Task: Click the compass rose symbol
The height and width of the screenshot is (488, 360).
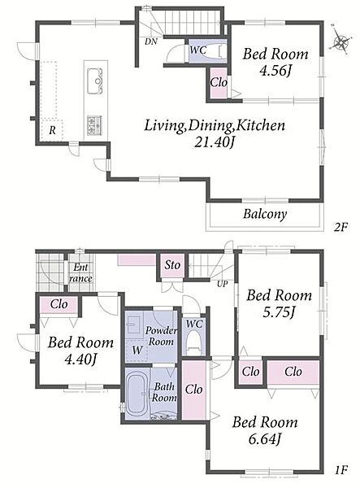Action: click(x=341, y=41)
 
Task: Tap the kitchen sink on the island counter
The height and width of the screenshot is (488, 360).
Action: click(x=95, y=81)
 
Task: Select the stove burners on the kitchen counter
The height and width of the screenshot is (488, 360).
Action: click(x=94, y=125)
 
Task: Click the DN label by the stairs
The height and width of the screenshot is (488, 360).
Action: click(x=151, y=41)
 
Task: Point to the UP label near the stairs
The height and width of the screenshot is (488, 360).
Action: click(x=223, y=284)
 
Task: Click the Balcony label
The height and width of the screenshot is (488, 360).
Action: click(x=265, y=214)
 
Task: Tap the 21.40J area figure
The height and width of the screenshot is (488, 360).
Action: click(x=215, y=142)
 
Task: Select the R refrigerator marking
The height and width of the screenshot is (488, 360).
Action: click(x=52, y=130)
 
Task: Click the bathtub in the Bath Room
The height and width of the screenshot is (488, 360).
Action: click(x=137, y=394)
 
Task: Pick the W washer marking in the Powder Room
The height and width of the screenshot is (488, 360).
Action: click(x=137, y=351)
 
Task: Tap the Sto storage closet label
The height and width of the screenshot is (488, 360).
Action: click(x=172, y=265)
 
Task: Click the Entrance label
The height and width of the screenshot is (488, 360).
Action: click(x=80, y=272)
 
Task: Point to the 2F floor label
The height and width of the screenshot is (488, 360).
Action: click(x=340, y=227)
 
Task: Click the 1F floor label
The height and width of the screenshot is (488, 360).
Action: click(x=340, y=469)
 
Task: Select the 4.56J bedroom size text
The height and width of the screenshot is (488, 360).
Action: click(x=275, y=72)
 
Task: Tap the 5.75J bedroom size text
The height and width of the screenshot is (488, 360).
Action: click(x=279, y=312)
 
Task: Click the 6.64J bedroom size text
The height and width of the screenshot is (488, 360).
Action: click(x=265, y=439)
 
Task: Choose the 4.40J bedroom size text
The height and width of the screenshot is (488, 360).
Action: click(x=80, y=359)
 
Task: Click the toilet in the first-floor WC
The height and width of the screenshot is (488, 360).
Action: click(x=194, y=345)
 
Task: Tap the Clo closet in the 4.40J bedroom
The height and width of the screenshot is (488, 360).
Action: click(x=59, y=304)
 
